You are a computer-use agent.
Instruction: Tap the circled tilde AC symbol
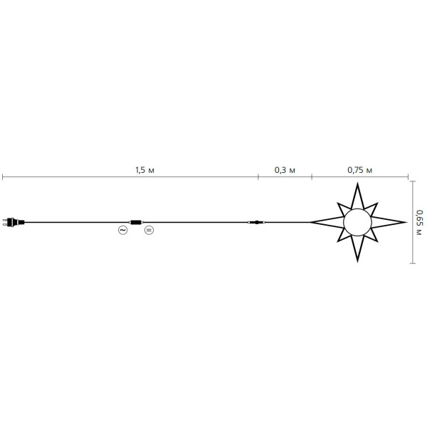[x=122, y=230]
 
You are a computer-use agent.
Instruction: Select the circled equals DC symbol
[x=149, y=230]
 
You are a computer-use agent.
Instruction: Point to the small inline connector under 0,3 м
[x=255, y=223]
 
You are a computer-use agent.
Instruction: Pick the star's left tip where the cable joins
[x=311, y=223]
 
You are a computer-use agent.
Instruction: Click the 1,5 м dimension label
[x=144, y=170]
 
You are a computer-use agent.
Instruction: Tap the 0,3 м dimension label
[x=285, y=170]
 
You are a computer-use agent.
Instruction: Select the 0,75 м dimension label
[x=359, y=170]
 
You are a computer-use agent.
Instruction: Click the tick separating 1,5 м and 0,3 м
[x=258, y=176]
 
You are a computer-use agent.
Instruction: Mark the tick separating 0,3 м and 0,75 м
[x=311, y=176]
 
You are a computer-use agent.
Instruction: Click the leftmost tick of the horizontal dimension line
[x=2, y=176]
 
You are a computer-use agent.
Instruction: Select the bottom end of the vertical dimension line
[x=413, y=263]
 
